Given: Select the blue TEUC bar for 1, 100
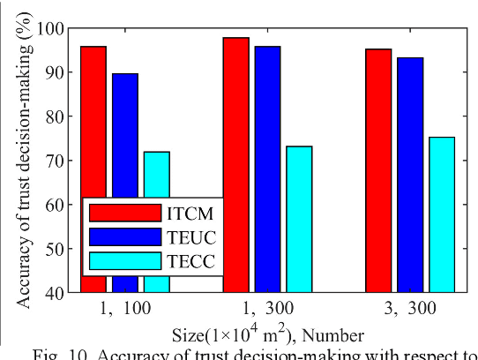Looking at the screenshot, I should (125, 132).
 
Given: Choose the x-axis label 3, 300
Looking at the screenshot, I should (410, 310).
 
